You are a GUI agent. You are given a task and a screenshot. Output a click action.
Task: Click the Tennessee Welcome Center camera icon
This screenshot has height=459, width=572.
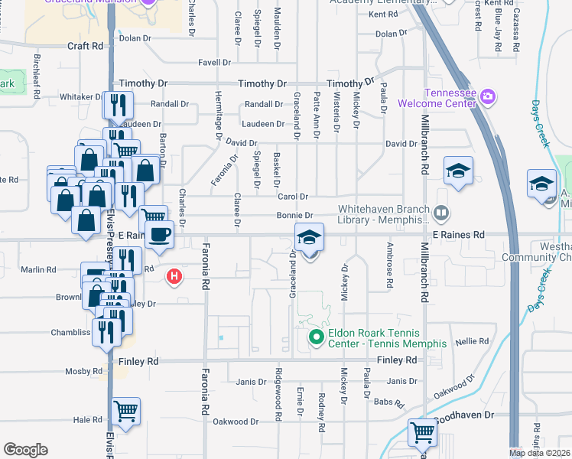(x=489, y=97)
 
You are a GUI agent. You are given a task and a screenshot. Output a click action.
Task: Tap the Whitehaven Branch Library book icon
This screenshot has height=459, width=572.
(x=440, y=213)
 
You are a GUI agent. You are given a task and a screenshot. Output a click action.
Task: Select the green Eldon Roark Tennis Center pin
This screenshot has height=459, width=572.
(x=314, y=336)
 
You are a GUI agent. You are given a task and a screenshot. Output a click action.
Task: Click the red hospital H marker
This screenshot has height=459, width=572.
(x=175, y=276)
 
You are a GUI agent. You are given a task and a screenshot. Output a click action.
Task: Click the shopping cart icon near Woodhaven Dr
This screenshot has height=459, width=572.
(x=422, y=432)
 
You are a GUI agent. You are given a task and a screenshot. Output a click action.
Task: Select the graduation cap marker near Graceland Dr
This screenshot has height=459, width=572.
(x=309, y=237)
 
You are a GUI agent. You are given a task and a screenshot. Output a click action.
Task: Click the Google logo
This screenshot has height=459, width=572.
(x=25, y=449)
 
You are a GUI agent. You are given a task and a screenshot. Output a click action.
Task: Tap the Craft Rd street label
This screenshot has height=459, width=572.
(x=85, y=46)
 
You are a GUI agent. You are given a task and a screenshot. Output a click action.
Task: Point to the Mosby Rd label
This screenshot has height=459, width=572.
(x=84, y=372)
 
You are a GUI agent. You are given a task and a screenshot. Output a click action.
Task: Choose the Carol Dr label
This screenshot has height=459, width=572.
(x=293, y=197)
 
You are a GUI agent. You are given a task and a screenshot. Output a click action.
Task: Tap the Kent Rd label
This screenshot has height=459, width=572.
(x=383, y=15)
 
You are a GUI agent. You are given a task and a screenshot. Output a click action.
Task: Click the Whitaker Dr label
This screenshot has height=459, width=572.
(x=80, y=97)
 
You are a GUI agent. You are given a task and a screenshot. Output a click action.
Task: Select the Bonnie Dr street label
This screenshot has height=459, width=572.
(x=299, y=216)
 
